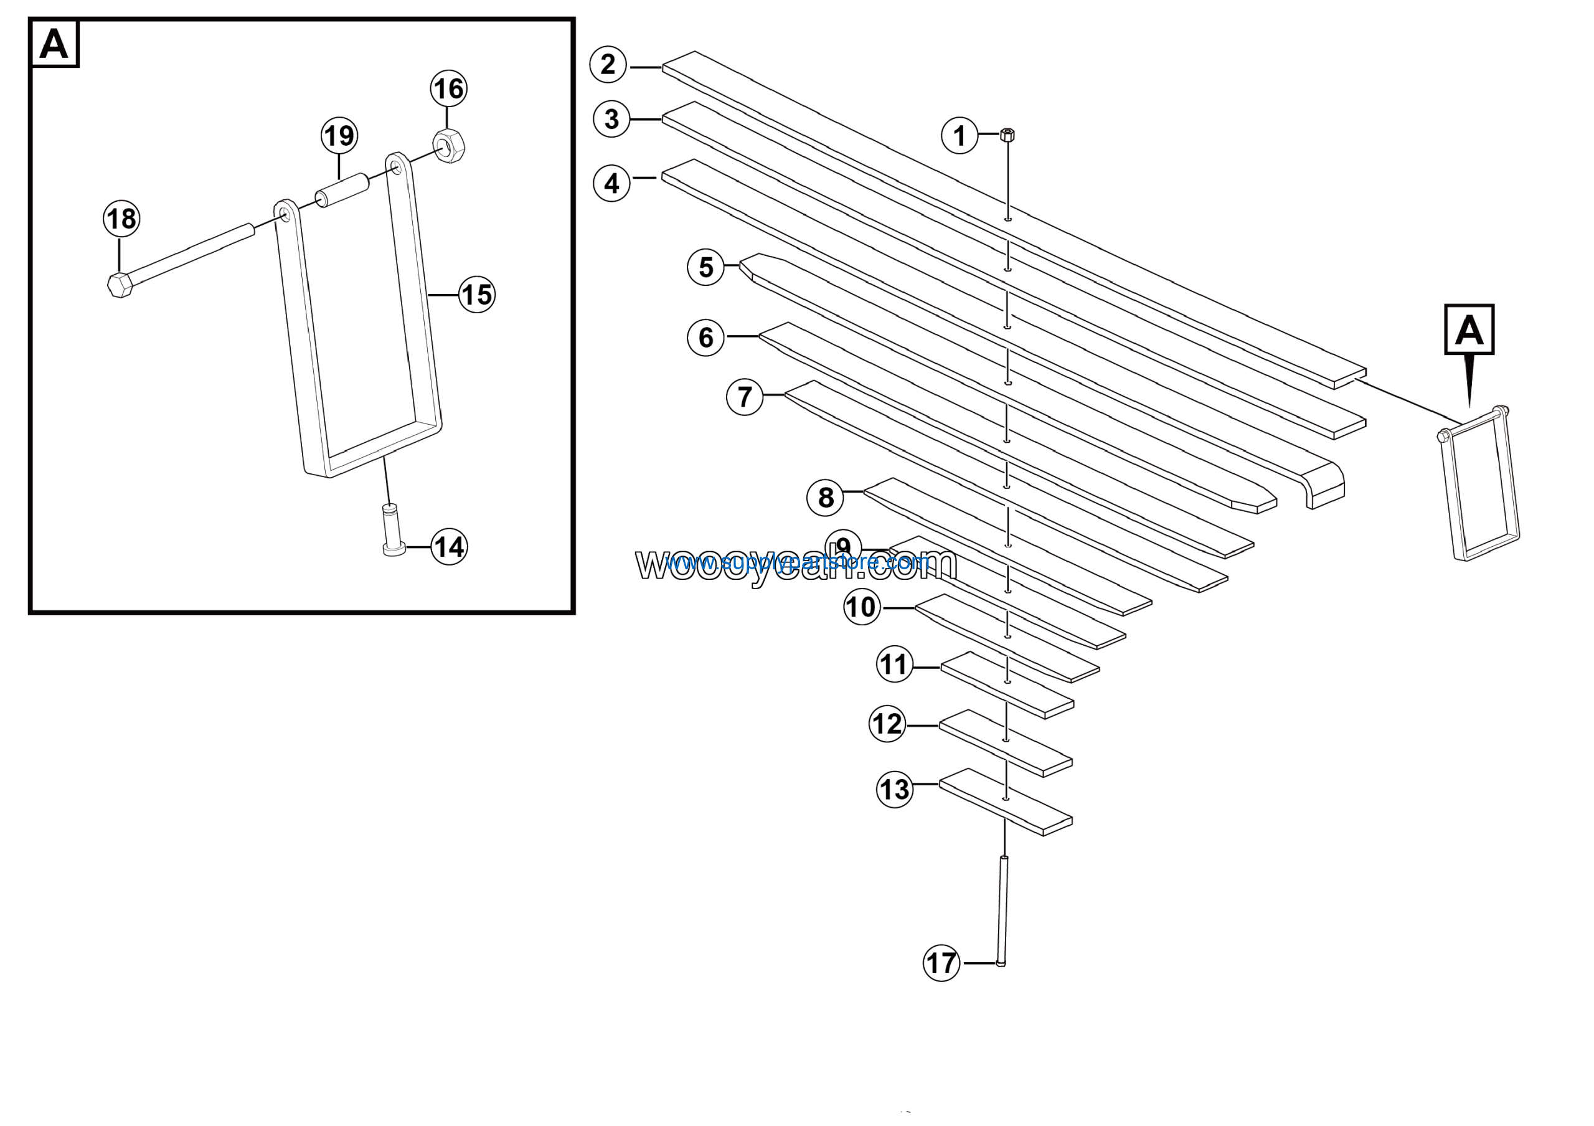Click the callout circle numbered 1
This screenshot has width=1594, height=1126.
(x=960, y=135)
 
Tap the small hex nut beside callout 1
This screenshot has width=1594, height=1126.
(x=1007, y=135)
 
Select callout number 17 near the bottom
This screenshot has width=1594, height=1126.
(x=941, y=963)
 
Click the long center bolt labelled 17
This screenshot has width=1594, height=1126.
(x=1003, y=909)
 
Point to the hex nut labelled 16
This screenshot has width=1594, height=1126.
(x=448, y=146)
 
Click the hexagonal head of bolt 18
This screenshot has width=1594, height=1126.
(x=120, y=285)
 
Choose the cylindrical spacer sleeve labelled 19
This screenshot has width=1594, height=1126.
(x=342, y=189)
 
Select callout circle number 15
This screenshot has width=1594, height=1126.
(x=477, y=295)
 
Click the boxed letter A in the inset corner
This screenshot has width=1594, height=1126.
(x=54, y=44)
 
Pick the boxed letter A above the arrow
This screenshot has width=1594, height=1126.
(x=1469, y=329)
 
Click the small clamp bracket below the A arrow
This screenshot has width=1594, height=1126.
(x=1479, y=486)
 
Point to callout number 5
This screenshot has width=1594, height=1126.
(x=706, y=267)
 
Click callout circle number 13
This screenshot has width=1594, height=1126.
(x=895, y=789)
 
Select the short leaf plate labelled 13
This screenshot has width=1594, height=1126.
(x=1007, y=802)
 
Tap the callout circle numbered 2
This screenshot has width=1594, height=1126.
(x=608, y=65)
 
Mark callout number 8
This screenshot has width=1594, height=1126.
(x=826, y=497)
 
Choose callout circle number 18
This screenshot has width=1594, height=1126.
(x=121, y=219)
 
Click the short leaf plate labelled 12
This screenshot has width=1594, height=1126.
(x=1007, y=743)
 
